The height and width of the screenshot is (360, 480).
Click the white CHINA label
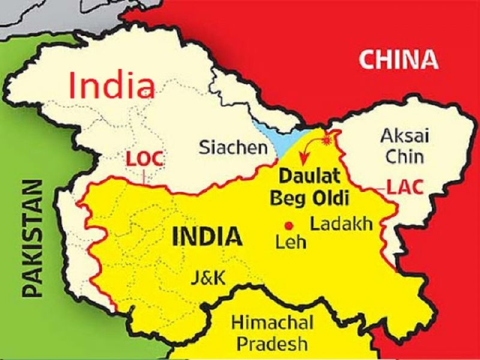pos(398,59)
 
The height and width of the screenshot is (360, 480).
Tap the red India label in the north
pos(112,85)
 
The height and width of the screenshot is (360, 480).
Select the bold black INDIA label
pos(207,236)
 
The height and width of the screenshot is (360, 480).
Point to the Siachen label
pos(224,146)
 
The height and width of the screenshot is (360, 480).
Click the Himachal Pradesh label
pos(272,333)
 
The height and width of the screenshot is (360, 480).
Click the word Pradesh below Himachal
pos(272,344)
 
